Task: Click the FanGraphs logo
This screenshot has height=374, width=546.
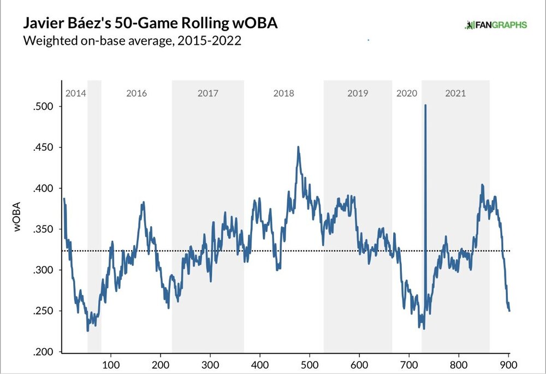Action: pos(495,25)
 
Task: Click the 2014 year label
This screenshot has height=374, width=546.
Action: pos(75,93)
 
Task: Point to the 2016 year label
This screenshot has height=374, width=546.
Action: pos(136,93)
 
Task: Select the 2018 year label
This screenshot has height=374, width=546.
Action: pos(283,93)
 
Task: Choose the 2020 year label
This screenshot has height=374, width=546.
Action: pos(406,93)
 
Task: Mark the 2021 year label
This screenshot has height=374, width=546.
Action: pos(455,93)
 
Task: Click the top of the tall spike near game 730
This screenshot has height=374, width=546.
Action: pos(425,105)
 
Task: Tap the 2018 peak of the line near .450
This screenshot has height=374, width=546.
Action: pos(298,147)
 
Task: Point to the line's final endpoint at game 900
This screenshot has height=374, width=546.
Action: pos(509,311)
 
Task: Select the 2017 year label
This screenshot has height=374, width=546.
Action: pos(207,93)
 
